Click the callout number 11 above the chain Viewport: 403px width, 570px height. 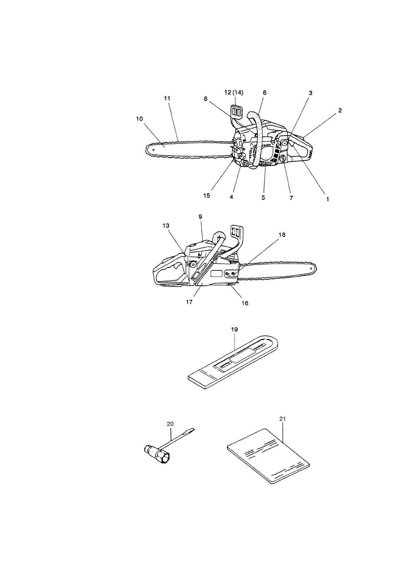click(x=167, y=98)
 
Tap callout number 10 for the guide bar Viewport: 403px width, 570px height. click(x=140, y=119)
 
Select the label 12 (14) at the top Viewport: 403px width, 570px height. click(x=234, y=92)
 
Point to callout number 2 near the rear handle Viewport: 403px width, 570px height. click(x=340, y=110)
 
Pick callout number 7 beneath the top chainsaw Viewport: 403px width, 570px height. click(x=291, y=198)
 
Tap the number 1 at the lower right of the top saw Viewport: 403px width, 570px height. click(x=327, y=199)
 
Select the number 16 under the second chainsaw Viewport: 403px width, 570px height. click(x=245, y=303)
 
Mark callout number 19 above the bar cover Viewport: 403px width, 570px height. click(x=234, y=329)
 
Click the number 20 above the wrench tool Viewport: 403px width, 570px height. click(x=170, y=423)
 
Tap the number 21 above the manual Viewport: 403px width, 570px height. click(x=283, y=419)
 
